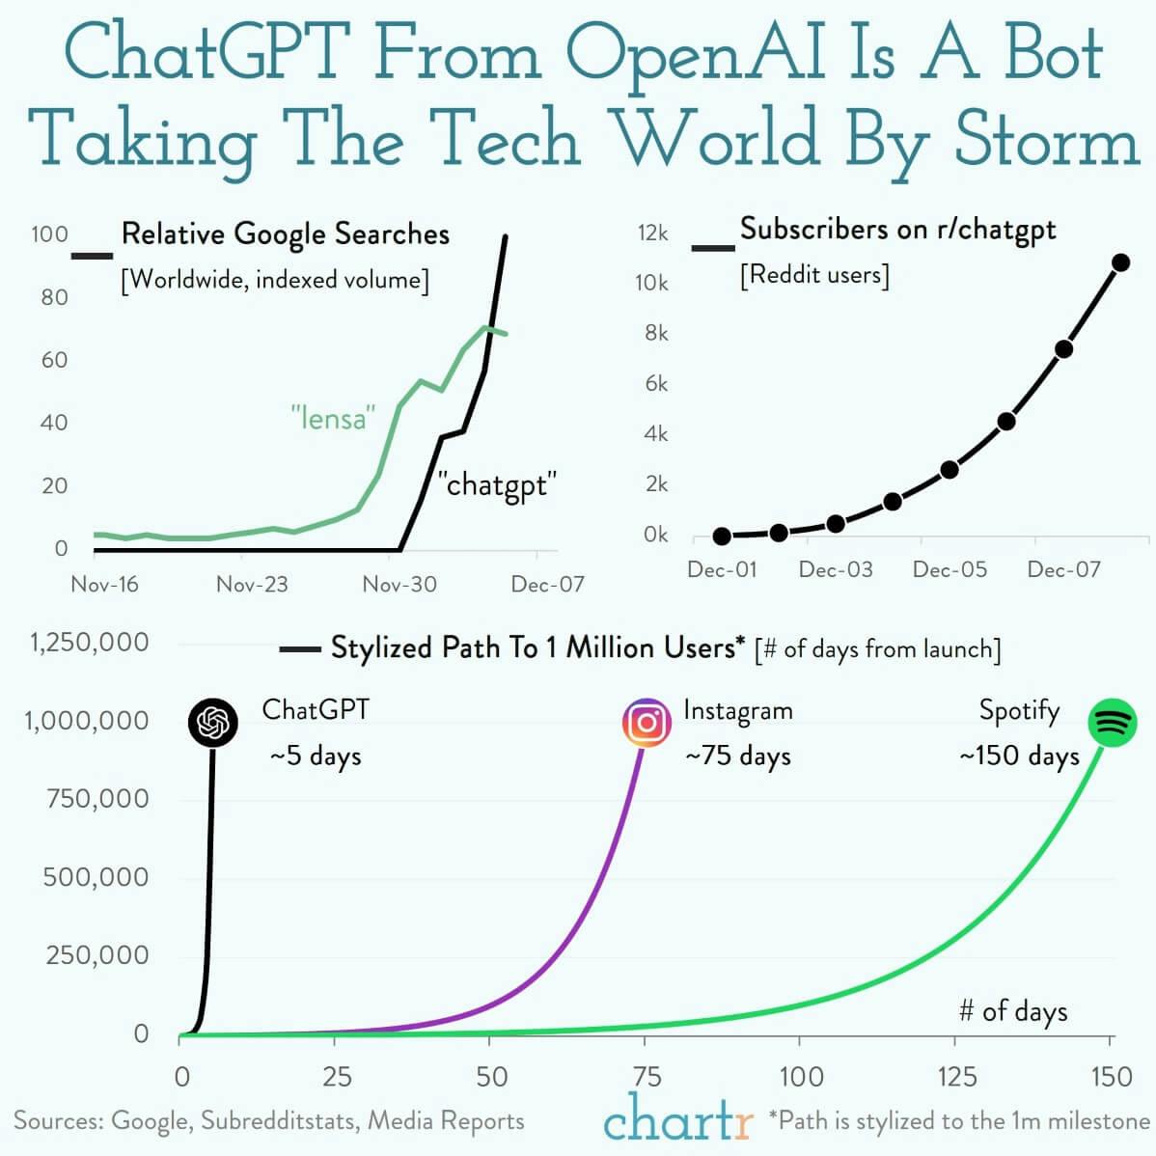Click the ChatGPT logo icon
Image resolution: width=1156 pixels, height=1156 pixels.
coord(213,723)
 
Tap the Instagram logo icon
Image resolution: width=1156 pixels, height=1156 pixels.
coord(647,723)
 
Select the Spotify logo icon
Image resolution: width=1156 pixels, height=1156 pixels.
coord(1113,723)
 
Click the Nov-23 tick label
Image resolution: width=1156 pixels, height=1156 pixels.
coord(252,584)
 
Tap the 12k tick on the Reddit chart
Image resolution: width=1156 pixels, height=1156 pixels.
coord(652,233)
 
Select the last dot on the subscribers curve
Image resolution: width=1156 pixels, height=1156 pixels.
coord(1120,262)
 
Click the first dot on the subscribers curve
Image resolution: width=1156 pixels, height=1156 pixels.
coord(722,537)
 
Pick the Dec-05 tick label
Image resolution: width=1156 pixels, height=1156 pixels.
coord(950,569)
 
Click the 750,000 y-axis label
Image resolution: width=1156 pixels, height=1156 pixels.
coord(97,799)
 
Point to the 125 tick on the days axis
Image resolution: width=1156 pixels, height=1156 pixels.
coord(955,1076)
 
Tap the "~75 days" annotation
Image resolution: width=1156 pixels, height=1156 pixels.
coord(738,756)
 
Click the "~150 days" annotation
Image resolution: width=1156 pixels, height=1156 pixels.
coord(1019,756)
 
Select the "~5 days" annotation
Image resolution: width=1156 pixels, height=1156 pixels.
coord(316,756)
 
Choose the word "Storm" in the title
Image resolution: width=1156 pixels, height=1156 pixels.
coord(1047,140)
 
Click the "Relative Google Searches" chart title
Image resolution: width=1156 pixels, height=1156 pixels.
coord(286,234)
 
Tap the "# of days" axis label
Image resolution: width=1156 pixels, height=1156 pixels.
coord(1013,1011)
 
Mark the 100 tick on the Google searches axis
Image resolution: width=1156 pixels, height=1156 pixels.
coord(49,234)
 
